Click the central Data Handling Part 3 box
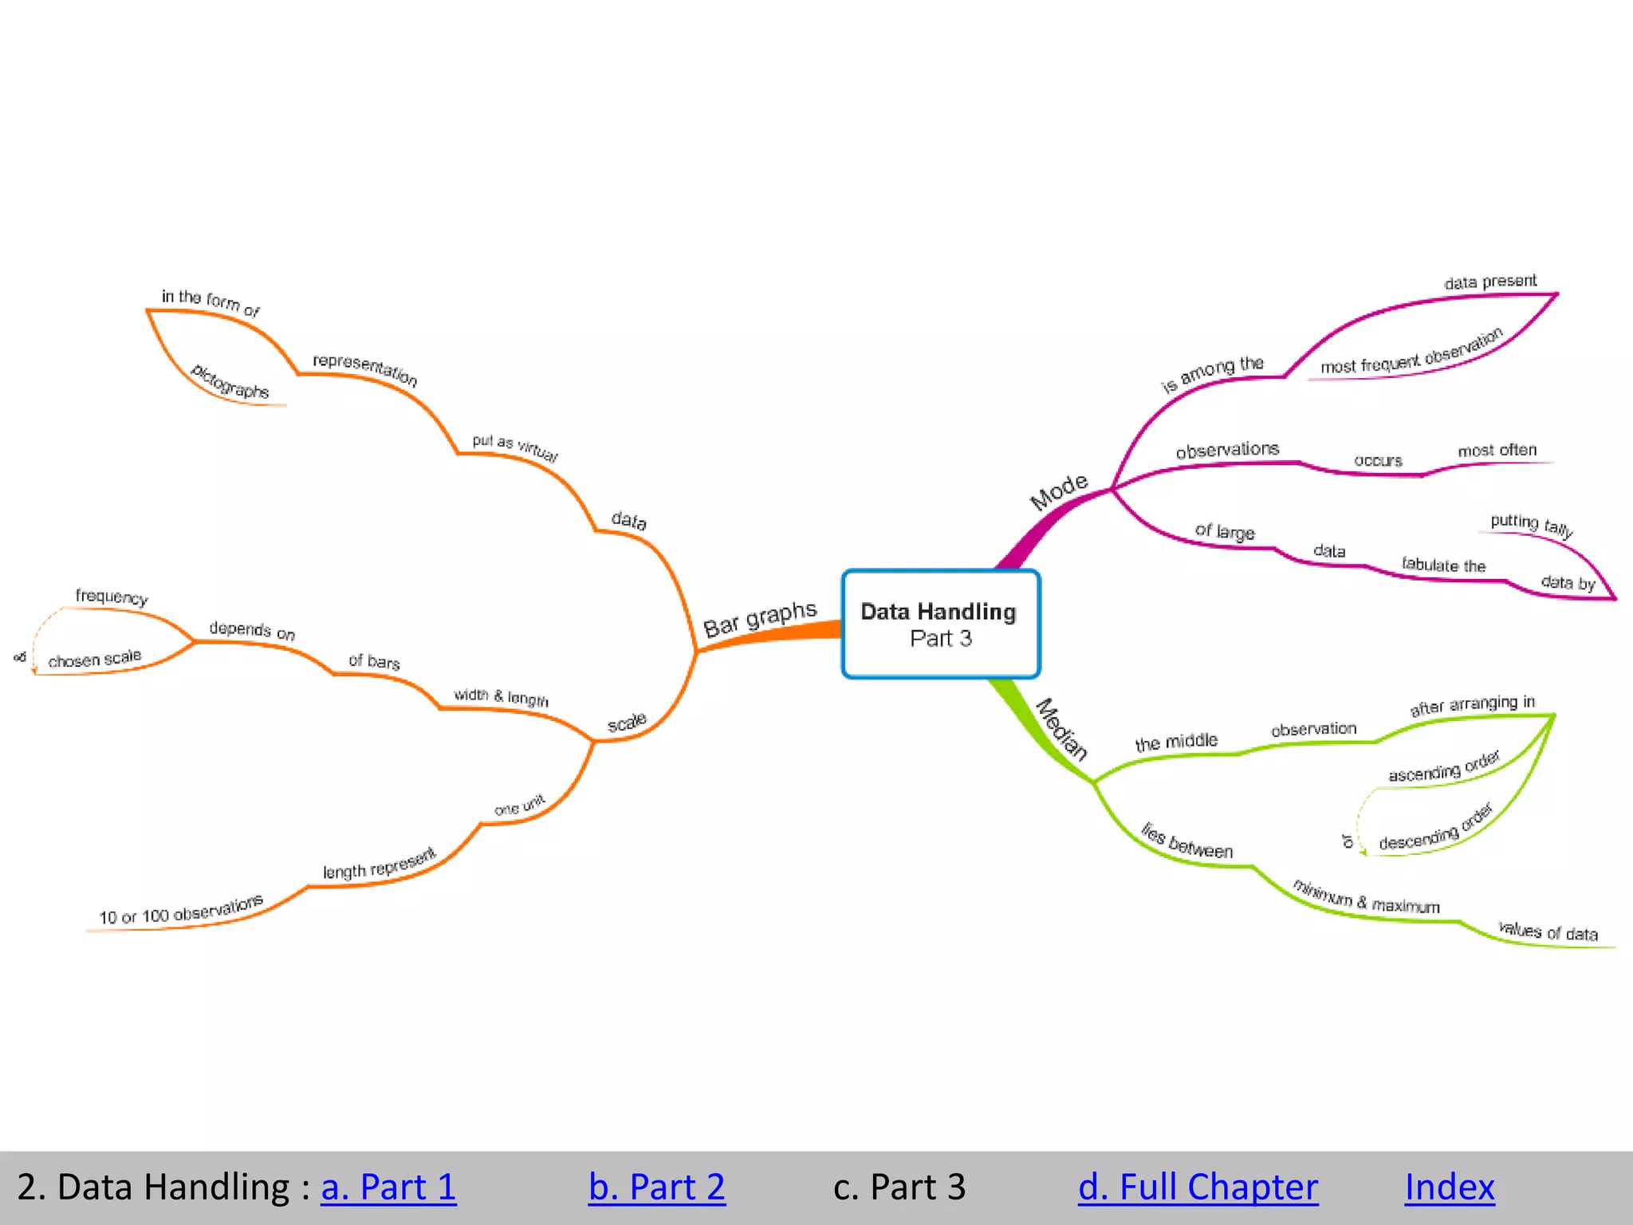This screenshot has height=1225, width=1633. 941,624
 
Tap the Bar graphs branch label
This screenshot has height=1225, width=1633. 760,619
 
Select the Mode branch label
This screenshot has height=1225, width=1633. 1058,491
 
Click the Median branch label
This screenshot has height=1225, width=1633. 1061,730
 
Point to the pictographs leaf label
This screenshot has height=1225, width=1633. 230,381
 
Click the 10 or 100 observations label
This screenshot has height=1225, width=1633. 181,911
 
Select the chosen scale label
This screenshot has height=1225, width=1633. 94,659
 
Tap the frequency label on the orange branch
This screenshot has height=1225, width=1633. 112,597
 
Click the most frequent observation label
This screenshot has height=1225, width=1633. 1411,352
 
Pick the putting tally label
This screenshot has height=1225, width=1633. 1531,525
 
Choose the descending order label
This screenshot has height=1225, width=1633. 1435,829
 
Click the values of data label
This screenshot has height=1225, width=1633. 1548,931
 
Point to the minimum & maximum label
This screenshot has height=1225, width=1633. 1366,897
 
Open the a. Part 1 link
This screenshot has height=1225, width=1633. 388,1187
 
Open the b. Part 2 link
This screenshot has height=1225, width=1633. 656,1187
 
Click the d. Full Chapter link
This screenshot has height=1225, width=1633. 1198,1187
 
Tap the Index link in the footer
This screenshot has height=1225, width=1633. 1449,1187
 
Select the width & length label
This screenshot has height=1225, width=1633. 501,697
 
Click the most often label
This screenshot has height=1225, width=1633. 1497,451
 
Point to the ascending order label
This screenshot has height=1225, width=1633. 1444,767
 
